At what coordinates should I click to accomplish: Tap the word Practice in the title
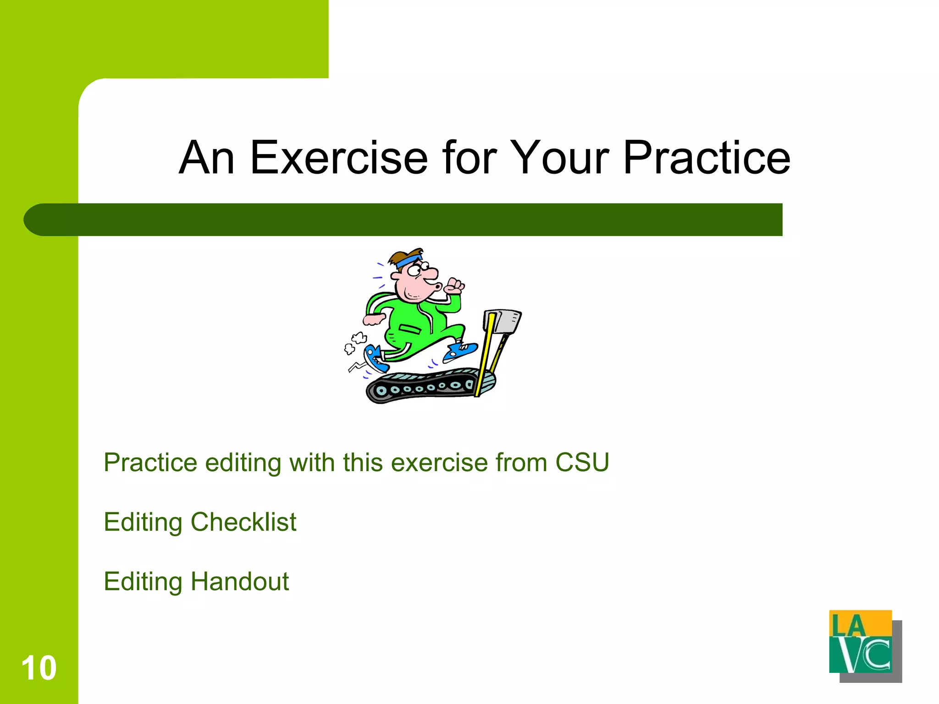(x=706, y=158)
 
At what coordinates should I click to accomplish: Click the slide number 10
(x=39, y=668)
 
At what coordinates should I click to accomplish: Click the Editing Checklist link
(x=200, y=522)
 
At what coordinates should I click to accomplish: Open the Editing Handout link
(x=196, y=582)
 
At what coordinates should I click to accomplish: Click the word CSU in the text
(x=582, y=462)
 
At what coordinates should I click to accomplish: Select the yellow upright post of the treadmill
(x=484, y=353)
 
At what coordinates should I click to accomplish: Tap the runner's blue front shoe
(x=460, y=351)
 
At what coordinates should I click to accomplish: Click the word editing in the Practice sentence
(x=243, y=463)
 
